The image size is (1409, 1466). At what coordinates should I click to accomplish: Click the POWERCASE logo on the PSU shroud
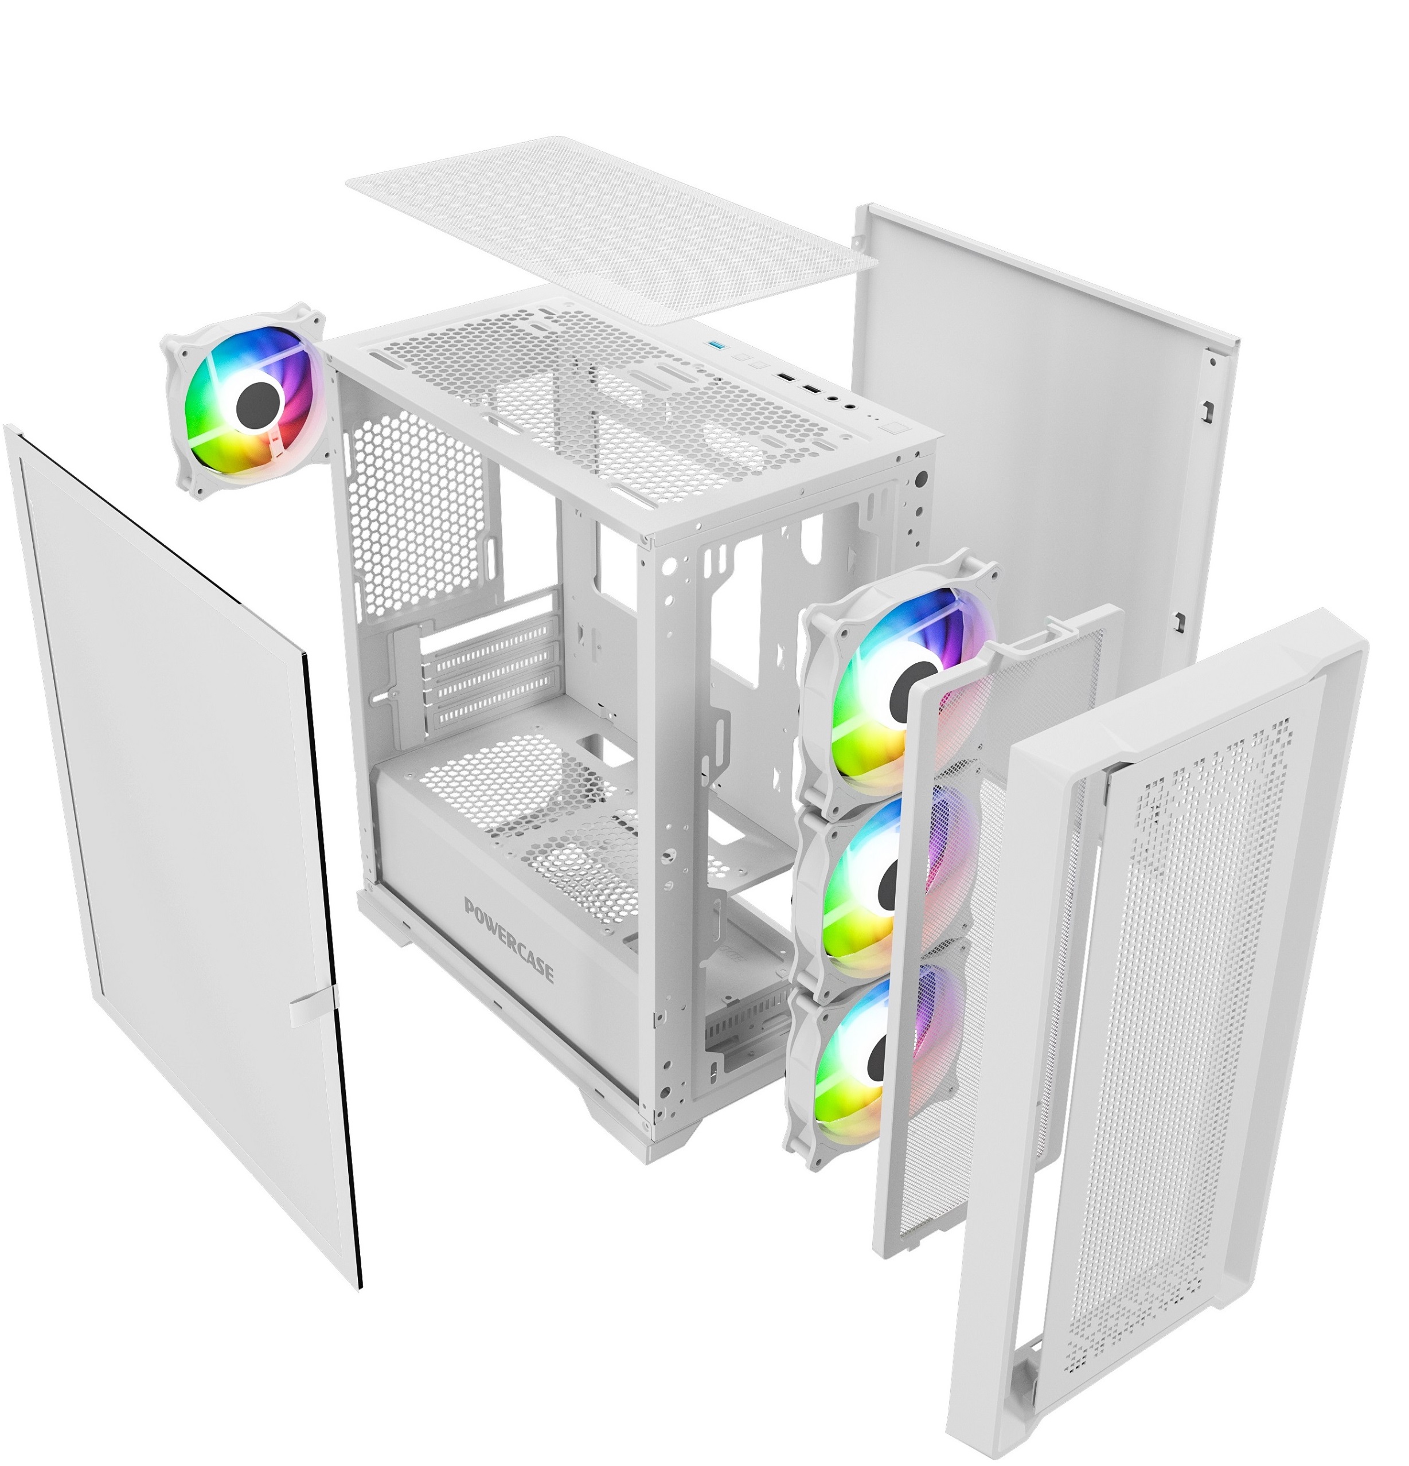[x=509, y=939]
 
